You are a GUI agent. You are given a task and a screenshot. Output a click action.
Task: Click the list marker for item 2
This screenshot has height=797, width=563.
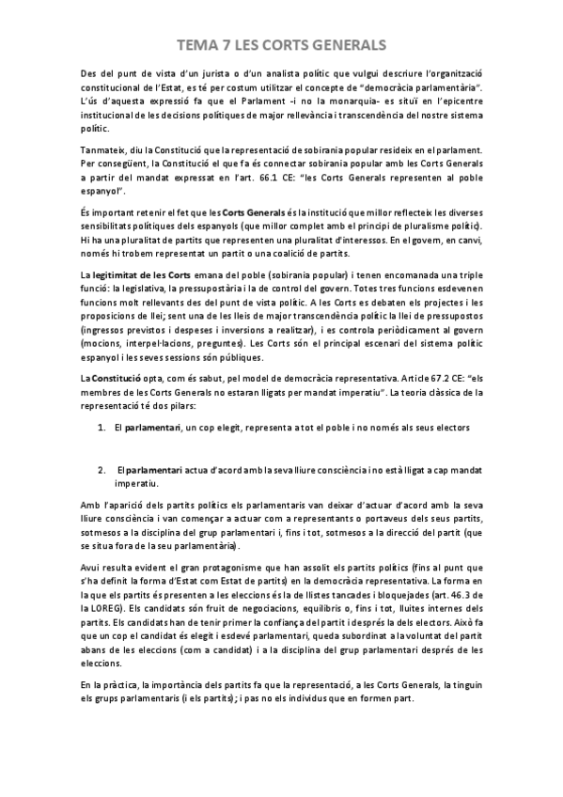click(x=102, y=467)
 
